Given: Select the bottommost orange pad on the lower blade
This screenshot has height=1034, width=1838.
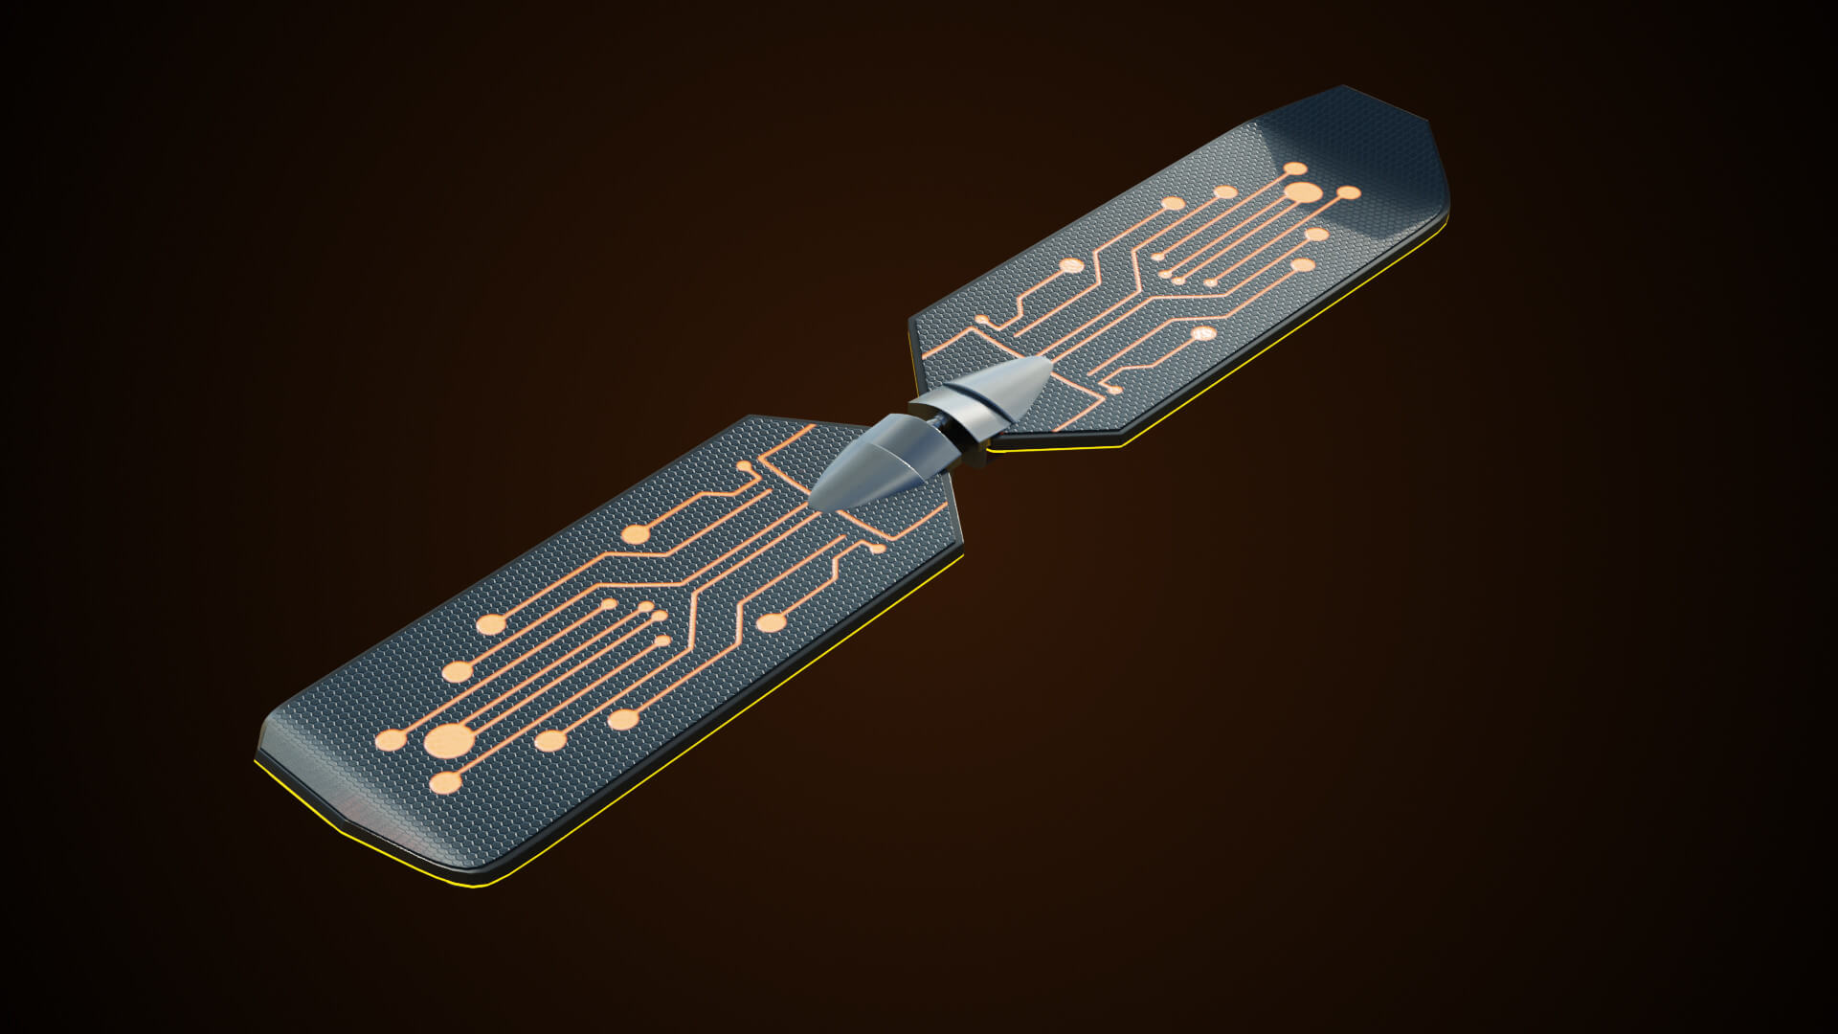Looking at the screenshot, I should tap(446, 784).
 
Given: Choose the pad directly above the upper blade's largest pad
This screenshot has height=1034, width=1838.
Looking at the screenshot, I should tap(1295, 169).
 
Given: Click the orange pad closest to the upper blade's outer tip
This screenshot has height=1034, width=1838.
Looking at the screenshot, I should tap(1348, 193).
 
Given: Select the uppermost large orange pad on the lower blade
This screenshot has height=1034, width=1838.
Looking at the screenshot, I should tap(634, 534).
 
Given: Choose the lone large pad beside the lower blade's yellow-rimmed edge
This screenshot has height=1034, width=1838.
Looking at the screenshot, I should tap(772, 624).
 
